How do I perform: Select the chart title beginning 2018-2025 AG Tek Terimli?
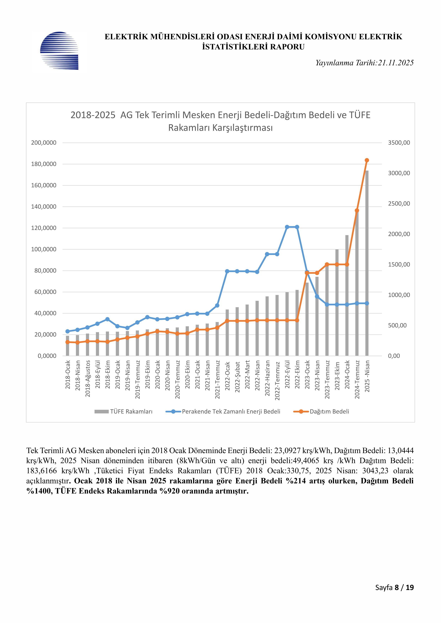[220, 121]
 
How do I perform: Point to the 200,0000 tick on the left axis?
[44, 143]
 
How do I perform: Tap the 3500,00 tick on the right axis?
[399, 143]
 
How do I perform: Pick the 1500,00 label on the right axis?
[399, 265]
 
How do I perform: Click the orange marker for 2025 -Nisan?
[367, 160]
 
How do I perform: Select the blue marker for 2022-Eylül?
[287, 227]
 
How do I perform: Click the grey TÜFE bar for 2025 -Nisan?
[367, 271]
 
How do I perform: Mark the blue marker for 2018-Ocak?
[68, 331]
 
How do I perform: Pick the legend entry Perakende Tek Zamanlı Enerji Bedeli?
[231, 412]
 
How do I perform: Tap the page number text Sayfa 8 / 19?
[394, 587]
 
